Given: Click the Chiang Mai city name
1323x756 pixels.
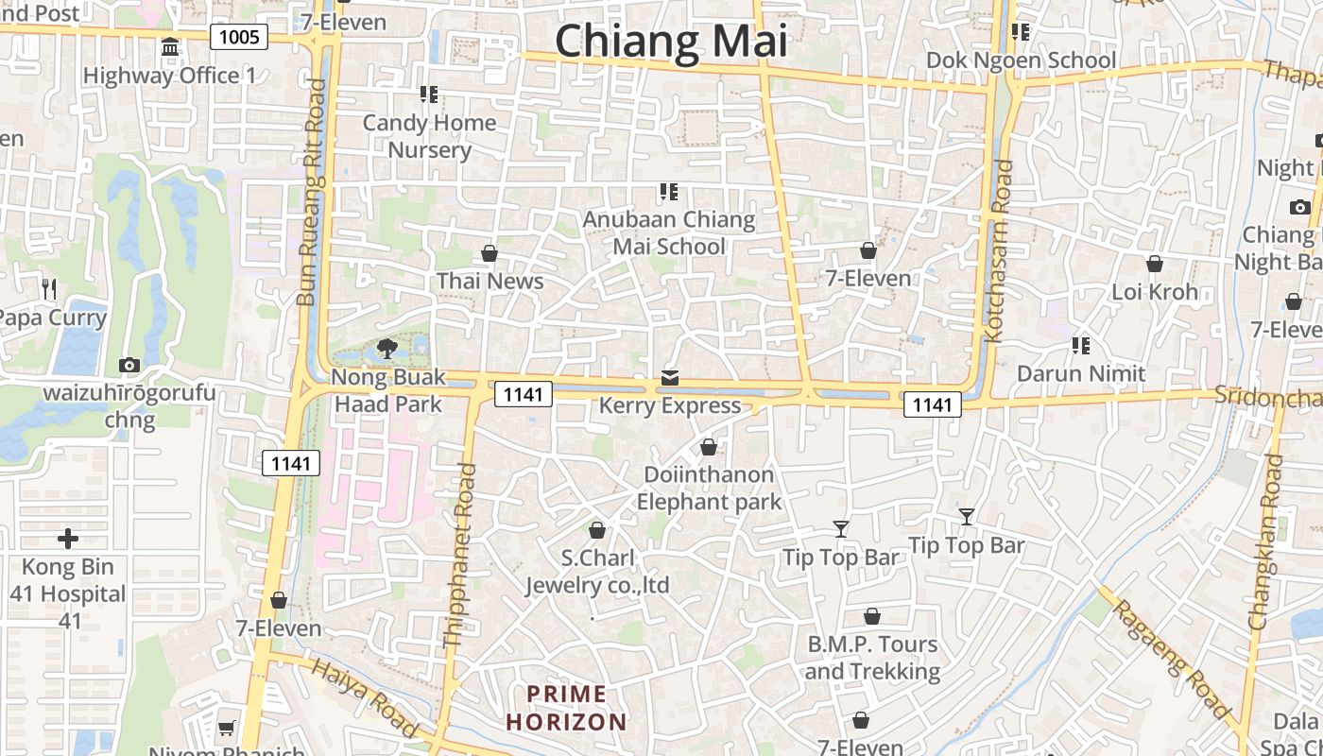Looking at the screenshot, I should [671, 42].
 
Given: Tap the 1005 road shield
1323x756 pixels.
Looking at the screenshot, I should [239, 37].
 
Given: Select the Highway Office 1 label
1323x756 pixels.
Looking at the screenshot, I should [170, 76].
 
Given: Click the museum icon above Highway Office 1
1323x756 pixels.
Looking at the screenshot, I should [170, 46].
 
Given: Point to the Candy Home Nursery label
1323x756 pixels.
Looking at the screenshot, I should [429, 136].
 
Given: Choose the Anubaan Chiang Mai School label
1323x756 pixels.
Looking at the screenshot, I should [669, 232].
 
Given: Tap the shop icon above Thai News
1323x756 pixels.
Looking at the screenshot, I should [490, 253].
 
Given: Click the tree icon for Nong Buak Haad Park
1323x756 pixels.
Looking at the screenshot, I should [386, 350].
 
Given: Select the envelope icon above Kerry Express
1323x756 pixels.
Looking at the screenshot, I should [670, 378].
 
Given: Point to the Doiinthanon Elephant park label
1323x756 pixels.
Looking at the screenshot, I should [709, 488].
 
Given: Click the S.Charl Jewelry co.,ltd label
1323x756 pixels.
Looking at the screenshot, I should [597, 571].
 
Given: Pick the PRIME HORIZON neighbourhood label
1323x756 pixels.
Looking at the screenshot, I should [566, 709].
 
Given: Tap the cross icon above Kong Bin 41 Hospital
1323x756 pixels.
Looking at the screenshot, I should [68, 539].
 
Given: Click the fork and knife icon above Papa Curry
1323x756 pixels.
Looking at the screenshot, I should [49, 288].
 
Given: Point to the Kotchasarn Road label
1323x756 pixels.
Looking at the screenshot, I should [999, 250].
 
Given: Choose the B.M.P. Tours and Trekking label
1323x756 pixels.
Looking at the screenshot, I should [872, 658].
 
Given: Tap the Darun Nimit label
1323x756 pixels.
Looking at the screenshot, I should [1081, 373].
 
